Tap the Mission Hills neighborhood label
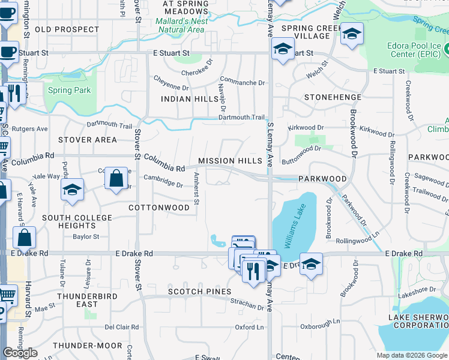pyautogui.click(x=231, y=161)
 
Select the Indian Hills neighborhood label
pyautogui.click(x=184, y=98)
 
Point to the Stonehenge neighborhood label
pyautogui.click(x=333, y=97)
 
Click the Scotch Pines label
pyautogui.click(x=199, y=292)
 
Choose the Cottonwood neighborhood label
pyautogui.click(x=159, y=207)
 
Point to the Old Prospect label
pyautogui.click(x=67, y=29)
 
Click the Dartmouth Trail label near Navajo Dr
pyautogui.click(x=241, y=118)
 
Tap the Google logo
pyautogui.click(x=20, y=353)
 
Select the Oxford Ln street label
pyautogui.click(x=249, y=327)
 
